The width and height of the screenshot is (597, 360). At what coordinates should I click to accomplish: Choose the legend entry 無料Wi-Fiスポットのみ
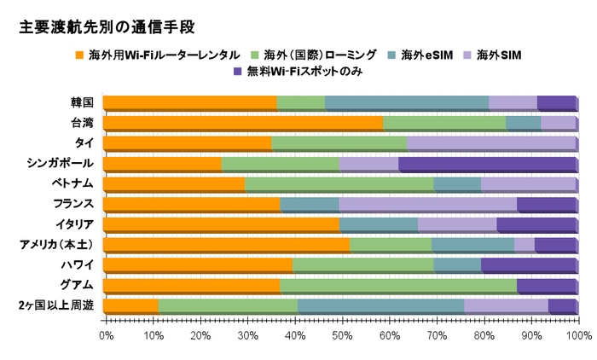coord(298,73)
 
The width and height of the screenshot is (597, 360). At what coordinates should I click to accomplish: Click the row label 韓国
coord(83,102)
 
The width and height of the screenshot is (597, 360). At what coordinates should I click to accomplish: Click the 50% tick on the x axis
coord(341,336)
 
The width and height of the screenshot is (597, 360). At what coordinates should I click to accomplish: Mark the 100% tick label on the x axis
coord(577,336)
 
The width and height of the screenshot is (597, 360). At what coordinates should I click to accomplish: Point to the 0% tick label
coord(106,336)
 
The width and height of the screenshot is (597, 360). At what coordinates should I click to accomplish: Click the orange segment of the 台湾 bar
coord(243,123)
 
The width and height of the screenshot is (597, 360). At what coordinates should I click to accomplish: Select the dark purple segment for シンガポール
coord(486,164)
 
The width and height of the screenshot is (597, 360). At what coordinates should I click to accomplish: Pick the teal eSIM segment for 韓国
coord(407,102)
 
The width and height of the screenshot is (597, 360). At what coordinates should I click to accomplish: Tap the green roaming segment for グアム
coord(398,286)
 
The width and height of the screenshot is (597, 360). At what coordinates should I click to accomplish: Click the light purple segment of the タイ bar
coord(491,143)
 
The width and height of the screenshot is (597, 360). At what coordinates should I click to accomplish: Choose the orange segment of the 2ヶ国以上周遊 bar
coord(130,306)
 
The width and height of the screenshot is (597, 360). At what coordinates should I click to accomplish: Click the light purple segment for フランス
coord(427,205)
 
